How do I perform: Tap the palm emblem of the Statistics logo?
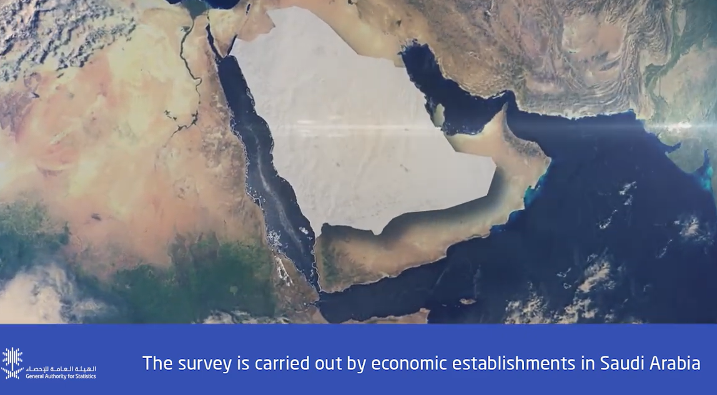coord(12,364)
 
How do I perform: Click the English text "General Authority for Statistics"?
coord(61,376)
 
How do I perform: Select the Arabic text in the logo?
coord(61,368)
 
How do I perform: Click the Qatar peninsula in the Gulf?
coord(438,115)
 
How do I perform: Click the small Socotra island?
coord(467,301)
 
